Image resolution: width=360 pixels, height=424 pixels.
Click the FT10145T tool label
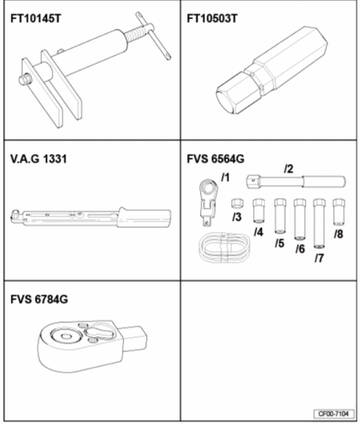pos(36,18)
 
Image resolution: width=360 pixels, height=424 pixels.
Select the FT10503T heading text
pos(212,18)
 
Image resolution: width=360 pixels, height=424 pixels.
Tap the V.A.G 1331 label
pos(38,159)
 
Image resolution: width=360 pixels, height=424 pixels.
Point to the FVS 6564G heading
pos(216,159)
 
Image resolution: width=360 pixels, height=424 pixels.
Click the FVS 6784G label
pos(39,299)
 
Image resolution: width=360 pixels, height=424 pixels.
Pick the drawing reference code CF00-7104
pos(333,414)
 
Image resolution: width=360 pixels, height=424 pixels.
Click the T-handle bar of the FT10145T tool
pos(153,36)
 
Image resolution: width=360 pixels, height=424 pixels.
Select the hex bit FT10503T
pos(271,73)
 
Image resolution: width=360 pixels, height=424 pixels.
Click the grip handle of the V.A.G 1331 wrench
pos(144,218)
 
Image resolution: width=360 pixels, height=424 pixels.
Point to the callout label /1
pos(226,178)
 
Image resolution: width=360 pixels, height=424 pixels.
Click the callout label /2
pos(289,169)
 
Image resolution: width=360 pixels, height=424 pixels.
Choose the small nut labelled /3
pos(237,203)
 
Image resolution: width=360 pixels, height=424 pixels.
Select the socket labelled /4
pos(259,211)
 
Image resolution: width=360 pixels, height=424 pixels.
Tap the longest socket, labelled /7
pos(319,223)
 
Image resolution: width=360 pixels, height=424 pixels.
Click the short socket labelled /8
pos(339,212)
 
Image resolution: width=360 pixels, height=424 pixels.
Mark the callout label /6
pos(300,249)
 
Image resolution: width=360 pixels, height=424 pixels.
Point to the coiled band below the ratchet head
pos(224,247)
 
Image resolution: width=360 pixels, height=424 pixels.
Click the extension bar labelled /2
pos(296,182)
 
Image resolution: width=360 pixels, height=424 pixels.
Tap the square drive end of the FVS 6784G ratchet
pos(135,338)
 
